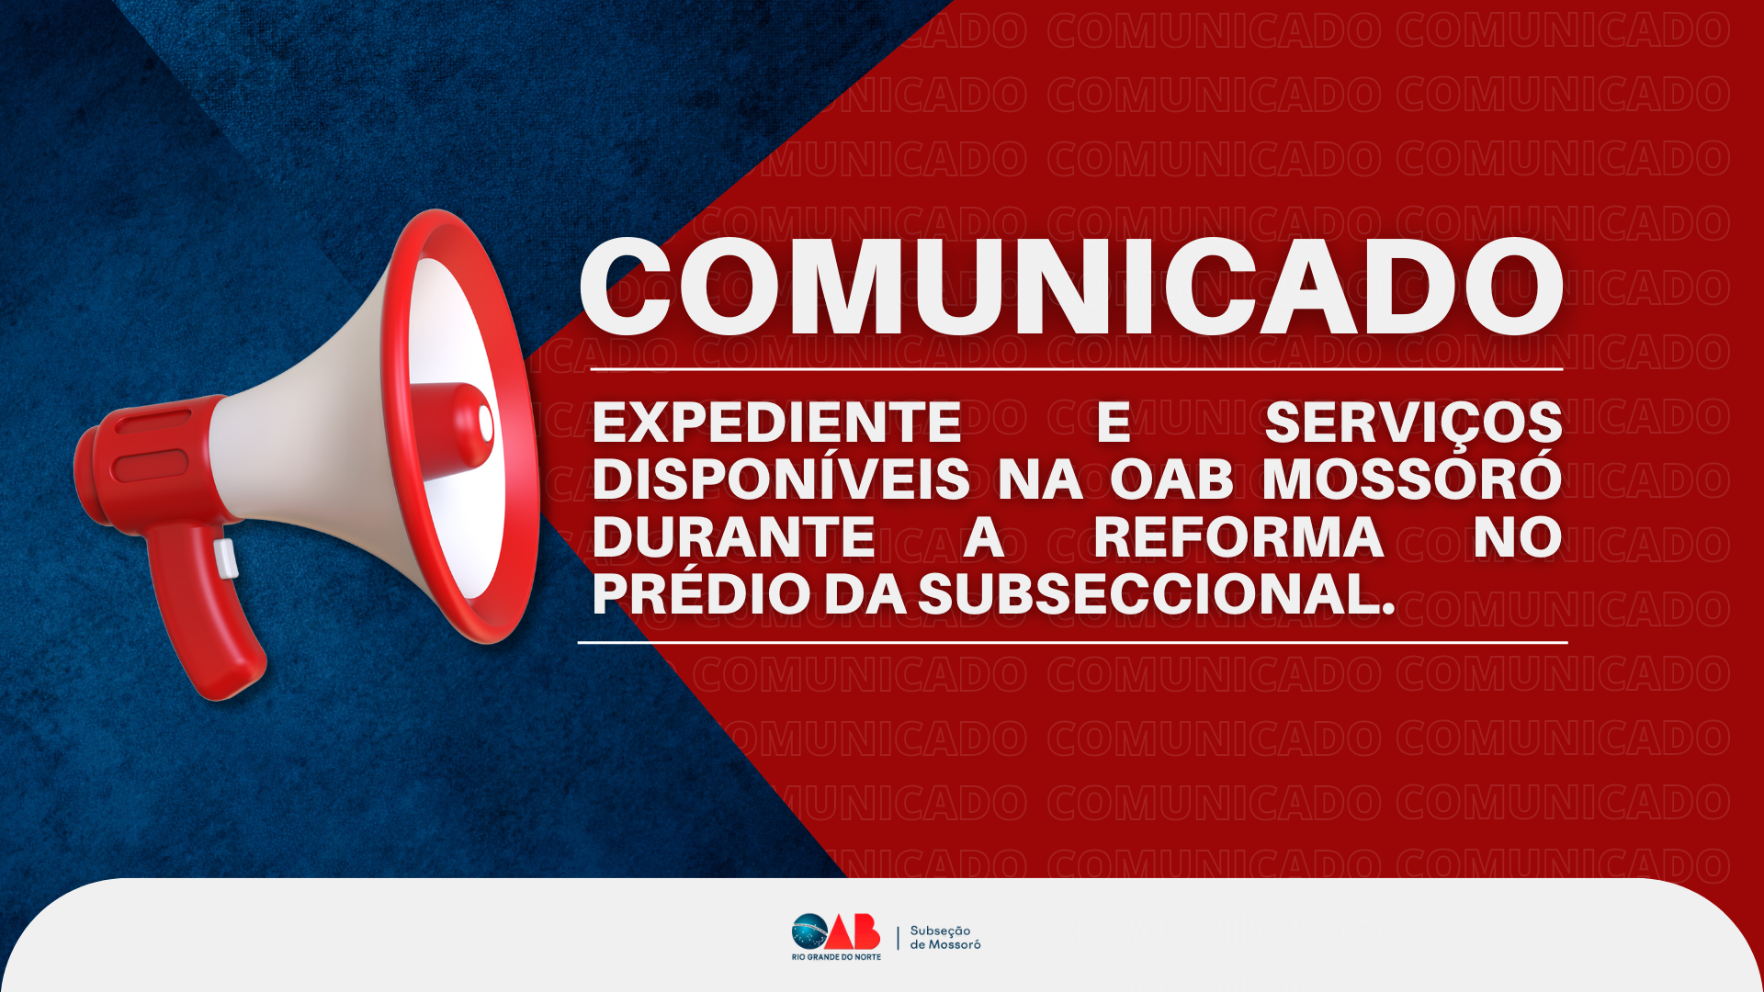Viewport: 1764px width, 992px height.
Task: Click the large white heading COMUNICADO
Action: tap(1071, 286)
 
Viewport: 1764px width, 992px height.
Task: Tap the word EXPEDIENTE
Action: tap(776, 423)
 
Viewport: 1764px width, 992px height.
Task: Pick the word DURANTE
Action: tap(733, 537)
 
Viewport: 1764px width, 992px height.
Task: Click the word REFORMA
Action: tap(1238, 537)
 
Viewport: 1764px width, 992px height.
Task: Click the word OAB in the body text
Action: tap(1171, 479)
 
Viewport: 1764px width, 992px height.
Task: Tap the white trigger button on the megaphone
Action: tap(226, 558)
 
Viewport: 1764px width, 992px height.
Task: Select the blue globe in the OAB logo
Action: tap(810, 932)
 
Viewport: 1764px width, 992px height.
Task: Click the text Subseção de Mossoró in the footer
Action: tap(944, 938)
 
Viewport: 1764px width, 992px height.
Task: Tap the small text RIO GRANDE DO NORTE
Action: tap(836, 957)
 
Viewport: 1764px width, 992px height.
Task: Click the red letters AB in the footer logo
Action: tap(854, 932)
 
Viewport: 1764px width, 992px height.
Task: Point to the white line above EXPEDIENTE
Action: tap(1076, 369)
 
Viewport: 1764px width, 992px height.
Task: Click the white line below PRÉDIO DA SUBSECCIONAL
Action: tap(1072, 643)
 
